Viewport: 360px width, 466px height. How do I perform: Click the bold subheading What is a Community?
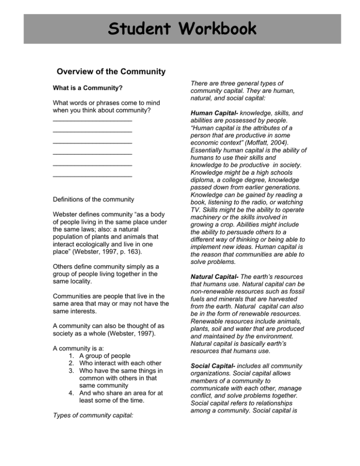(87, 87)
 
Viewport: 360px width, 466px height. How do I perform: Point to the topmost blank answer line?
(92, 120)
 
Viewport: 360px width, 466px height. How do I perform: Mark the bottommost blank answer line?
(92, 176)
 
